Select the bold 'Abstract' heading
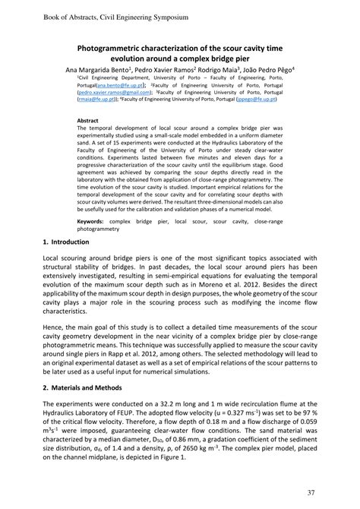coord(88,120)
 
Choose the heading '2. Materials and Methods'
coord(82,387)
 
